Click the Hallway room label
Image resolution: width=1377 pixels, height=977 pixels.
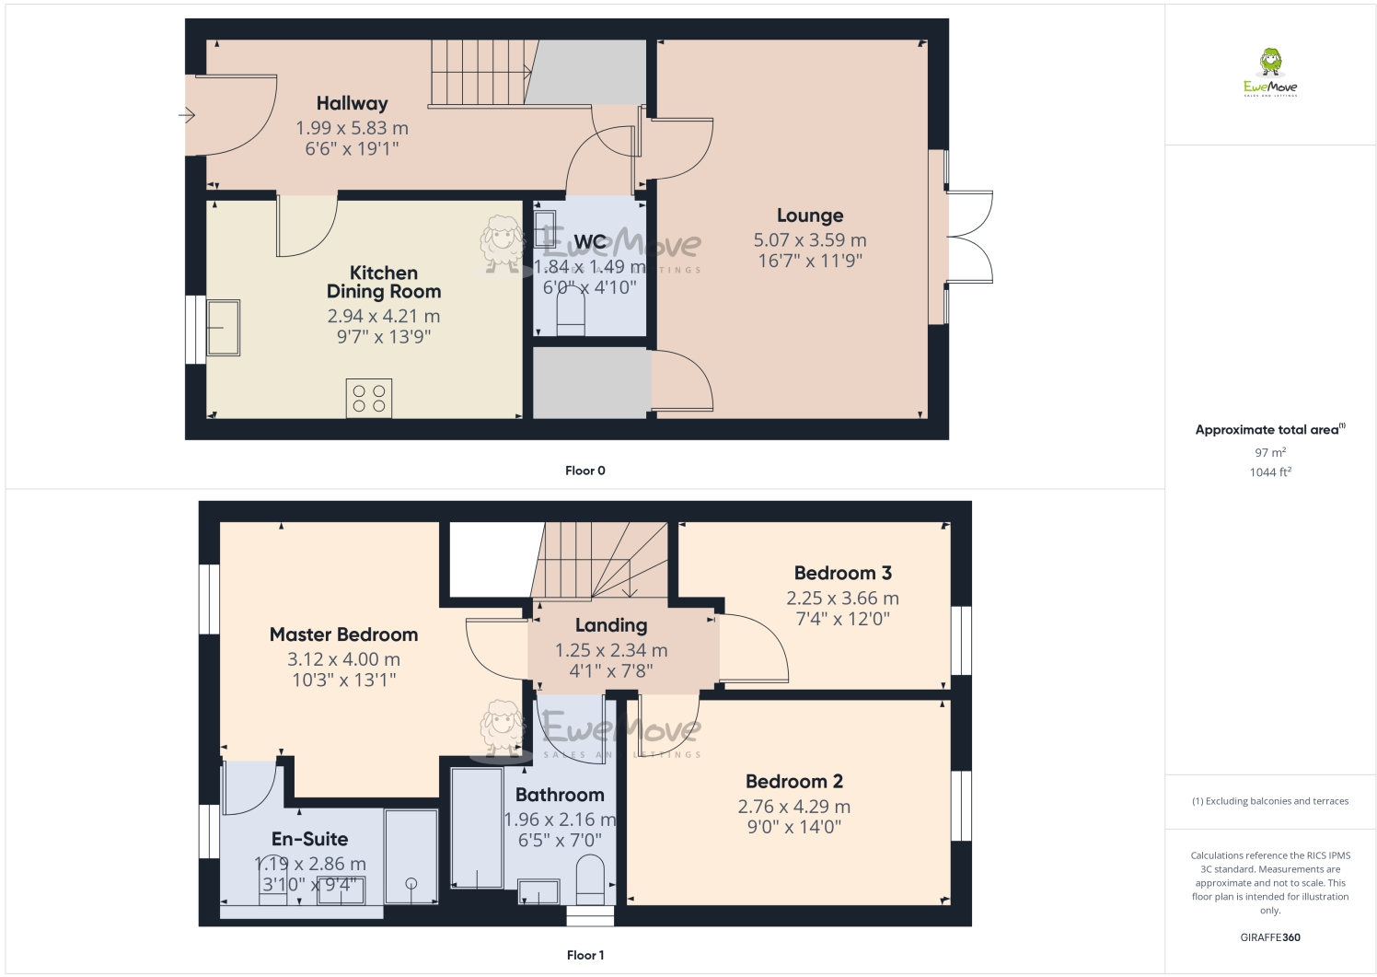click(x=352, y=103)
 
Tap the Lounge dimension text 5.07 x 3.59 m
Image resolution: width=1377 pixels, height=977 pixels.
click(x=809, y=239)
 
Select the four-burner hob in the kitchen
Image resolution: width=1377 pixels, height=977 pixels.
click(x=368, y=399)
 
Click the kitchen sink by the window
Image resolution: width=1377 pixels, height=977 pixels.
click(x=223, y=327)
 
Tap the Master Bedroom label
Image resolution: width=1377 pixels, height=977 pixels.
click(x=343, y=634)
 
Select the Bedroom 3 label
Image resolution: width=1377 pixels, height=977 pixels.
click(x=842, y=573)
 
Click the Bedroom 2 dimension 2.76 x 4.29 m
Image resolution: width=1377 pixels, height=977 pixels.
click(x=793, y=806)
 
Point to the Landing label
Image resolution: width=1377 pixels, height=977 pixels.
click(x=611, y=625)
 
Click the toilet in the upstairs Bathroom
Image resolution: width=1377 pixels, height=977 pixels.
click(x=589, y=879)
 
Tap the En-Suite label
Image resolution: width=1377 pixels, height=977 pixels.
click(x=309, y=839)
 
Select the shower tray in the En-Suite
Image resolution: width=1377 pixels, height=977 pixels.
click(x=411, y=856)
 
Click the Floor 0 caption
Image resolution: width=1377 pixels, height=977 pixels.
click(x=585, y=471)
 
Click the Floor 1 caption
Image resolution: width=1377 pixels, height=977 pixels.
click(x=585, y=955)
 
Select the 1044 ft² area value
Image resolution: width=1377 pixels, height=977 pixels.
click(x=1270, y=472)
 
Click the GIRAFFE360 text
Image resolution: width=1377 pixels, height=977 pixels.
click(x=1270, y=937)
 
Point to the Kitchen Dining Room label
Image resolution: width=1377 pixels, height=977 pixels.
click(x=384, y=282)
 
